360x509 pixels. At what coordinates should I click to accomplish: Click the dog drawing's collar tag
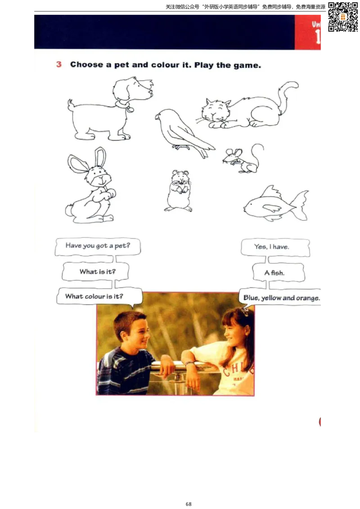(x=130, y=109)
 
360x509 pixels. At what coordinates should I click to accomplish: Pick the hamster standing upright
(x=178, y=191)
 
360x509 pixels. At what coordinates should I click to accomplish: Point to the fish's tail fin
(x=301, y=205)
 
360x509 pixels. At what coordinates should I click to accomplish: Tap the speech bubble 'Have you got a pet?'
(x=98, y=246)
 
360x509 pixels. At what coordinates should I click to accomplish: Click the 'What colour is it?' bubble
(x=99, y=296)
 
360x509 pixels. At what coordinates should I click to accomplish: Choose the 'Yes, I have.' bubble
(x=275, y=247)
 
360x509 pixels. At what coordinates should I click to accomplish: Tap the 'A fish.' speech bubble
(x=279, y=272)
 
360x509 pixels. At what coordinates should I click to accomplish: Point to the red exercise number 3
(x=59, y=64)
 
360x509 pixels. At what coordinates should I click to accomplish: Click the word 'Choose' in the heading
(x=87, y=65)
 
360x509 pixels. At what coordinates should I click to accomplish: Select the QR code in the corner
(x=343, y=17)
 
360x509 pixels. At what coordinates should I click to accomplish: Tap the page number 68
(x=189, y=504)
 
